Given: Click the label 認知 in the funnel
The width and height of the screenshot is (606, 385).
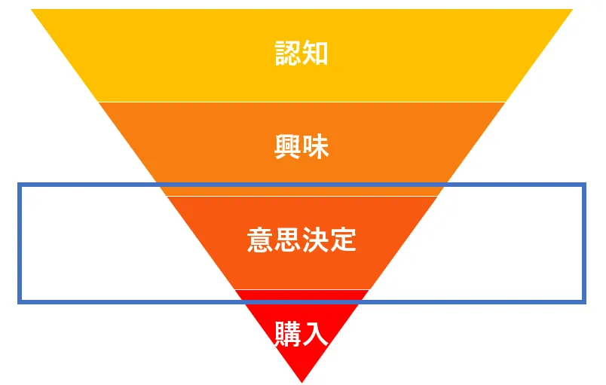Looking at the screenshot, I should point(301,53).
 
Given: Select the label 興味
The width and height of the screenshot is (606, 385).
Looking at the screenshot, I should point(301,146).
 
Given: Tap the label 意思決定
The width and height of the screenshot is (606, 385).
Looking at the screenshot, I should point(301,240).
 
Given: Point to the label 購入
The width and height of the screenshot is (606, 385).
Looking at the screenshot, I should point(301,334).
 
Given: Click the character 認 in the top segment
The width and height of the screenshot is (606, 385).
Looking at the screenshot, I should point(288,53).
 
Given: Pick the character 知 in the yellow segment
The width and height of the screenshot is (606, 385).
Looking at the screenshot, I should point(315,53).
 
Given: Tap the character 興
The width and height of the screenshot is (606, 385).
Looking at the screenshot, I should point(288,146).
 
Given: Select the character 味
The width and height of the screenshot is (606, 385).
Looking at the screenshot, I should point(316,146).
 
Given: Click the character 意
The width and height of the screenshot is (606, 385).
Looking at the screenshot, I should point(260,240).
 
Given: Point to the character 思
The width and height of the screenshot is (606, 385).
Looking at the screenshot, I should point(288,240).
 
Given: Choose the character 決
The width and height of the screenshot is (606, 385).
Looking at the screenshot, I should point(315,240).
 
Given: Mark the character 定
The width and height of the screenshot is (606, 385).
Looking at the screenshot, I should point(343,240).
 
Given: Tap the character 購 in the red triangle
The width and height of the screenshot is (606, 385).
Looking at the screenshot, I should point(288,334).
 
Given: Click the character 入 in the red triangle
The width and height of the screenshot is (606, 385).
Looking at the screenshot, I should point(316,334).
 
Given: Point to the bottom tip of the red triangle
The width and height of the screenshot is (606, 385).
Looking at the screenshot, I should point(301,381).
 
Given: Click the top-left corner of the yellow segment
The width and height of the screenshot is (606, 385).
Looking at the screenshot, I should point(32,10).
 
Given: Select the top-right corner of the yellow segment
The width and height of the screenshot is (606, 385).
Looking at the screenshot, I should point(572,10).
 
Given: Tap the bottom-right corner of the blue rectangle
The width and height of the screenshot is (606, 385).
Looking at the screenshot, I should point(584,301).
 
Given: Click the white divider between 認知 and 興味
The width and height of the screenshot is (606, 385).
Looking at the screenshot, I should point(301,102).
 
